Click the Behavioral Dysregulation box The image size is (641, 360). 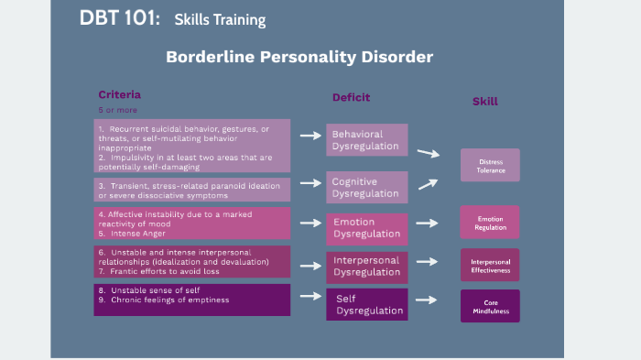click(x=366, y=140)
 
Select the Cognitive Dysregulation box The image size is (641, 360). click(x=366, y=187)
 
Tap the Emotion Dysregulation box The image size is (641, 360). click(x=366, y=227)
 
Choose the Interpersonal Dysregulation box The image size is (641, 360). click(x=366, y=266)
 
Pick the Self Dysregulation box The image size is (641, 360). click(x=366, y=304)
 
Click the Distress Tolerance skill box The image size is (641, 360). click(x=490, y=166)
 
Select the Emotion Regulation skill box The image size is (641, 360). click(x=490, y=223)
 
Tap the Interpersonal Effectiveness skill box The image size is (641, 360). click(x=490, y=265)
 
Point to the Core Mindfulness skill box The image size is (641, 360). click(x=490, y=306)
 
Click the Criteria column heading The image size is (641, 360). click(x=119, y=94)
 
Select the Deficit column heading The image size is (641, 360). click(x=351, y=97)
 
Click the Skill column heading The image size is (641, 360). click(x=484, y=101)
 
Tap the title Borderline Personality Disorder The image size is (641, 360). click(x=299, y=57)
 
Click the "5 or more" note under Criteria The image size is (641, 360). click(x=114, y=110)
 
